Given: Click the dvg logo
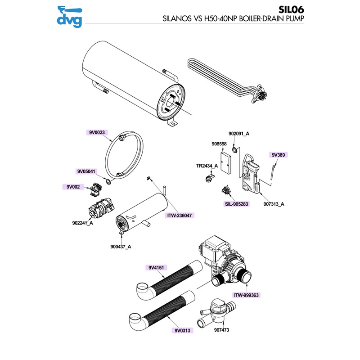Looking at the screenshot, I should (x=69, y=16).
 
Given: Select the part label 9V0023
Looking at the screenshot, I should (x=96, y=132).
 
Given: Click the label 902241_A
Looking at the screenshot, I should (x=83, y=223).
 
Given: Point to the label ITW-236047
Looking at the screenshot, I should (x=180, y=216).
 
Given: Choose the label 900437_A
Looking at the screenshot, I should (x=121, y=246).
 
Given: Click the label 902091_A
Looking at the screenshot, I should (x=239, y=134).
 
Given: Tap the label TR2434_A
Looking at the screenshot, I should (x=207, y=166).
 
